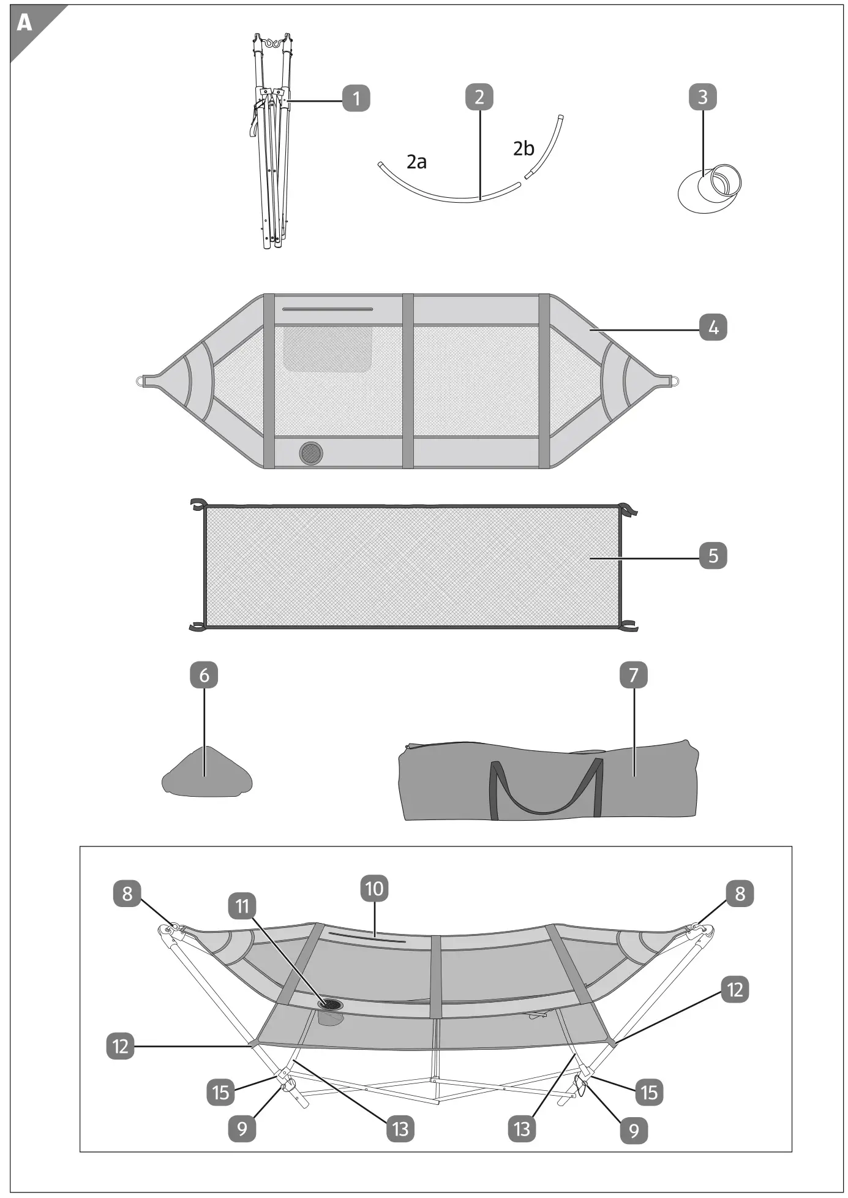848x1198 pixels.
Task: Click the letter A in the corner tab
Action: pyautogui.click(x=24, y=23)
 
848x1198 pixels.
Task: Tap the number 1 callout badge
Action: pyautogui.click(x=356, y=98)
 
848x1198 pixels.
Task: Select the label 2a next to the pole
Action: pyautogui.click(x=416, y=162)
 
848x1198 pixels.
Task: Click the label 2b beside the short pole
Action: pyautogui.click(x=523, y=148)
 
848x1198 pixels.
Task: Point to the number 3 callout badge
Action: pyautogui.click(x=702, y=97)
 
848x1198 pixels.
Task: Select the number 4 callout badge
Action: pyautogui.click(x=713, y=328)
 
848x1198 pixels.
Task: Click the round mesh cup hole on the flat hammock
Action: pyautogui.click(x=311, y=453)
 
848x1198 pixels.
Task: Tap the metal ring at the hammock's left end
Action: pyautogui.click(x=140, y=381)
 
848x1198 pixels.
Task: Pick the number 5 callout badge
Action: pyautogui.click(x=713, y=556)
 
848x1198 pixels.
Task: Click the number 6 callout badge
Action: pyautogui.click(x=204, y=675)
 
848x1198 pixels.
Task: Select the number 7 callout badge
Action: pyautogui.click(x=634, y=675)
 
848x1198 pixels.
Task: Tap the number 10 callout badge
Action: pyautogui.click(x=375, y=889)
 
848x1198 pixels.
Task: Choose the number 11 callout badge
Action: pyautogui.click(x=242, y=906)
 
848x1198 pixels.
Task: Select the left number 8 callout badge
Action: pyautogui.click(x=127, y=893)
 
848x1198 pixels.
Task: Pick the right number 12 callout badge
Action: pyautogui.click(x=735, y=990)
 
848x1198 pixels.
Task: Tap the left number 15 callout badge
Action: pyautogui.click(x=220, y=1092)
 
